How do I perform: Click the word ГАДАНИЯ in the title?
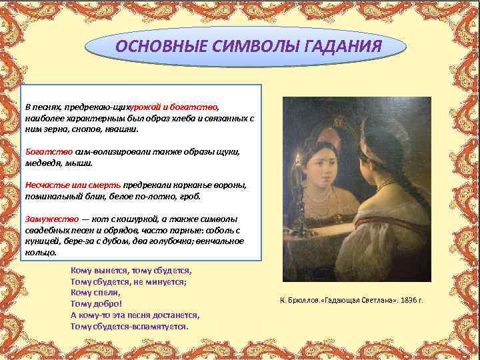tap(339, 47)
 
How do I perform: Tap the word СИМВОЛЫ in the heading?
tap(243, 47)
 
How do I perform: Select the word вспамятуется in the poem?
tap(160, 327)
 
